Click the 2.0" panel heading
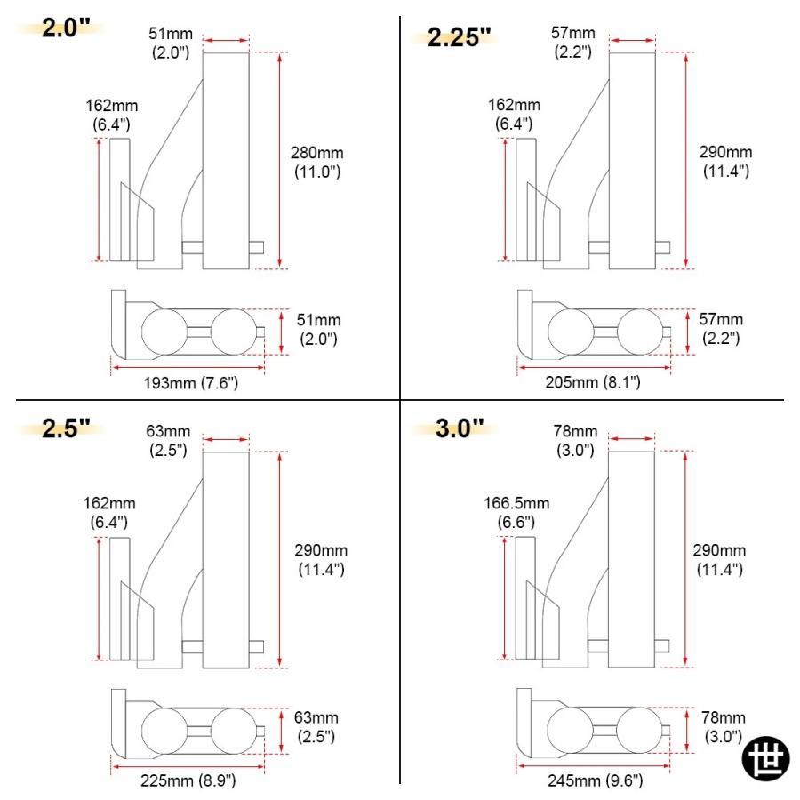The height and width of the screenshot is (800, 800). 66,28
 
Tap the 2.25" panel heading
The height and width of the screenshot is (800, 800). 459,36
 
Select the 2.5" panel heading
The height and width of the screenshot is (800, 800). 66,428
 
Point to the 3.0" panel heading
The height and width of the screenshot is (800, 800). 460,428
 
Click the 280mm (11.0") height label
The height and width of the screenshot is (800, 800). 316,162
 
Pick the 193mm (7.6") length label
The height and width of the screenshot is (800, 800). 191,382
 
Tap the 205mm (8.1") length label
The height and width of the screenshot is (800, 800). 593,382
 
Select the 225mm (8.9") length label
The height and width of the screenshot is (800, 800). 188,780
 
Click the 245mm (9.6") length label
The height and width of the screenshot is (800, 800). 595,780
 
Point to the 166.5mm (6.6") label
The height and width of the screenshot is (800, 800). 516,512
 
